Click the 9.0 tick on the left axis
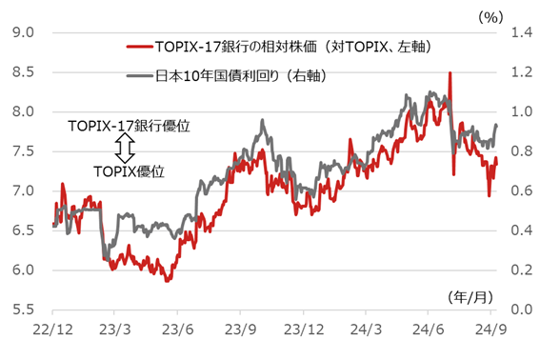point(23,31)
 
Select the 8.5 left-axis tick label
point(23,71)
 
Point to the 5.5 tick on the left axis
point(23,310)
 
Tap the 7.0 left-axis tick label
point(23,190)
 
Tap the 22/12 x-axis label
point(51,330)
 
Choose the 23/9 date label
point(239,330)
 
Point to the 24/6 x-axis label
point(428,330)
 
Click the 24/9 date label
point(490,330)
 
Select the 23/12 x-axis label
point(302,330)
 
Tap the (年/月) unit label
point(470,296)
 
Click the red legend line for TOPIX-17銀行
point(139,46)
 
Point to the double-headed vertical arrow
point(121,147)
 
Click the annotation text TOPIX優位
point(130,170)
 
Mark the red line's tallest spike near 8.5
point(449,73)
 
